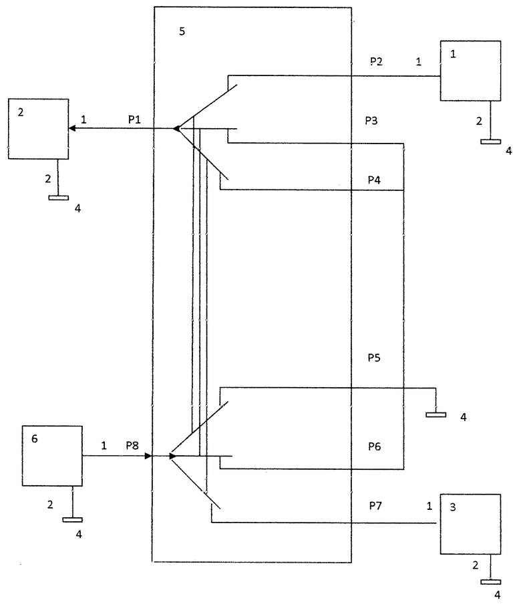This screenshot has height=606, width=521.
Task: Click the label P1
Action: click(134, 120)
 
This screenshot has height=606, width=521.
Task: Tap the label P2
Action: click(376, 61)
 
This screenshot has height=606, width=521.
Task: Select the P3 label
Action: click(371, 121)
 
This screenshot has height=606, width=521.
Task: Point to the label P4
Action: click(374, 180)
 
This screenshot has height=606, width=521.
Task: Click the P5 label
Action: click(374, 358)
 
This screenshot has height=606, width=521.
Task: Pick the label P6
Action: click(375, 446)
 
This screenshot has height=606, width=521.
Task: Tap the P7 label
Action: click(375, 505)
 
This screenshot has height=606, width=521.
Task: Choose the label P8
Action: click(132, 446)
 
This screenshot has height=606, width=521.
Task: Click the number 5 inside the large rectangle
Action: click(182, 31)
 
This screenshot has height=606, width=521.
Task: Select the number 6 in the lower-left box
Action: click(35, 438)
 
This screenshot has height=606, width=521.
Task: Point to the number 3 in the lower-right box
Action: click(453, 507)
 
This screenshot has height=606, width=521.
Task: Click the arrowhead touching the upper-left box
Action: click(72, 128)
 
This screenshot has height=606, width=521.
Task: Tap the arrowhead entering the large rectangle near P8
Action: click(148, 456)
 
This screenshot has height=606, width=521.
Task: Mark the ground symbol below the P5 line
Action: click(436, 414)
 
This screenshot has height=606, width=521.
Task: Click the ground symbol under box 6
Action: click(72, 520)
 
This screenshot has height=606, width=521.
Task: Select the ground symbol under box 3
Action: click(491, 582)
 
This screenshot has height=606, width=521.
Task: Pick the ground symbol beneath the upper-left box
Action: click(58, 198)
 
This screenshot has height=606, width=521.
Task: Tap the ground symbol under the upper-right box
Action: click(491, 141)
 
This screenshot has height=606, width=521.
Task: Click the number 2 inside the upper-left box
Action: click(21, 112)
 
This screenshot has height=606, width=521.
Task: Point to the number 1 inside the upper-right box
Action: click(453, 54)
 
